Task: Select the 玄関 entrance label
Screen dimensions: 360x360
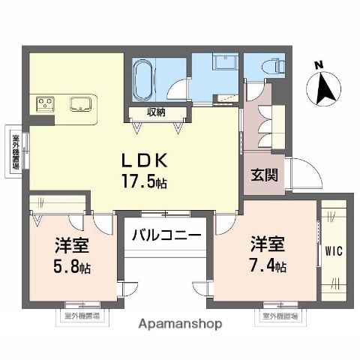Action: coord(263,177)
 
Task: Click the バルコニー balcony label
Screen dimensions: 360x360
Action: coord(166,235)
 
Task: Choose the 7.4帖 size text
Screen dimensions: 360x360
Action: coord(268,264)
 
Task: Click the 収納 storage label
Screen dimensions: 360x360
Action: coord(156,113)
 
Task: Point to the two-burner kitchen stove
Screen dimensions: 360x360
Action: coord(43,103)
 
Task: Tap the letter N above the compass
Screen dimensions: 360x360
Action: coord(319,64)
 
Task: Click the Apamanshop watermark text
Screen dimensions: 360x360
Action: coord(180,325)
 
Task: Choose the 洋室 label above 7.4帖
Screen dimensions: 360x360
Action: coord(268,244)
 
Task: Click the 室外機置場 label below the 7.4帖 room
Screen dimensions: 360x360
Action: coord(279,316)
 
